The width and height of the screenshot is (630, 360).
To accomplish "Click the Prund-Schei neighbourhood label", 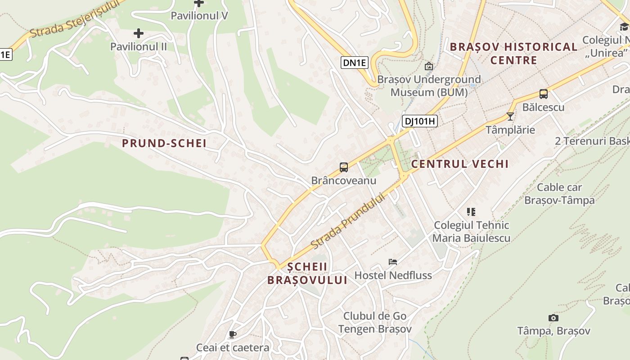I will click(164, 144).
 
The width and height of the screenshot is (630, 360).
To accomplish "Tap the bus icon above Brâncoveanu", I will click(344, 167).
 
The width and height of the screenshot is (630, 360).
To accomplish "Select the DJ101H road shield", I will click(419, 121).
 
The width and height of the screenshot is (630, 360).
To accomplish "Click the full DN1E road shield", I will click(355, 63).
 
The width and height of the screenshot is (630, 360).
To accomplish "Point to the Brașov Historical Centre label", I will click(513, 53).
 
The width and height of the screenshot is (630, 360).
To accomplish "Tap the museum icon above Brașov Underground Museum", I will click(429, 66).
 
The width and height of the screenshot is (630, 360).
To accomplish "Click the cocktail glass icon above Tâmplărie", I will click(510, 117).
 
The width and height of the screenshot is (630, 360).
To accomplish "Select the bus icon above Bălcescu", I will click(543, 94).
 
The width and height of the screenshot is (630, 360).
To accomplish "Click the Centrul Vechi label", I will click(460, 164).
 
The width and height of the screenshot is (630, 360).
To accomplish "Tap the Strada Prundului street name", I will click(348, 221).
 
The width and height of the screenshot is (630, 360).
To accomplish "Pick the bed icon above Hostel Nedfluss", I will click(393, 262).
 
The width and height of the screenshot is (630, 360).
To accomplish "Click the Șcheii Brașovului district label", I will click(307, 273).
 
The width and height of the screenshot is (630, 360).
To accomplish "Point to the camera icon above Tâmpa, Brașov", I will click(553, 318).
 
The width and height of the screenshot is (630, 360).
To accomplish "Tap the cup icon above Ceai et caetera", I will click(232, 334).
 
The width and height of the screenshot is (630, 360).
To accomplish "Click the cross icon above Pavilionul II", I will click(139, 33).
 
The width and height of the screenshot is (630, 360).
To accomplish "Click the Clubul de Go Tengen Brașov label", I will click(375, 322).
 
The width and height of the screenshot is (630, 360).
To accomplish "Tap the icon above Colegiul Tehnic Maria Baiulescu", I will click(471, 211).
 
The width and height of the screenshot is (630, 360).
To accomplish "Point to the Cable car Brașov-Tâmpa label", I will click(559, 193).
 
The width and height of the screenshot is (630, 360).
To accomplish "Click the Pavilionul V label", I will click(199, 16).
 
